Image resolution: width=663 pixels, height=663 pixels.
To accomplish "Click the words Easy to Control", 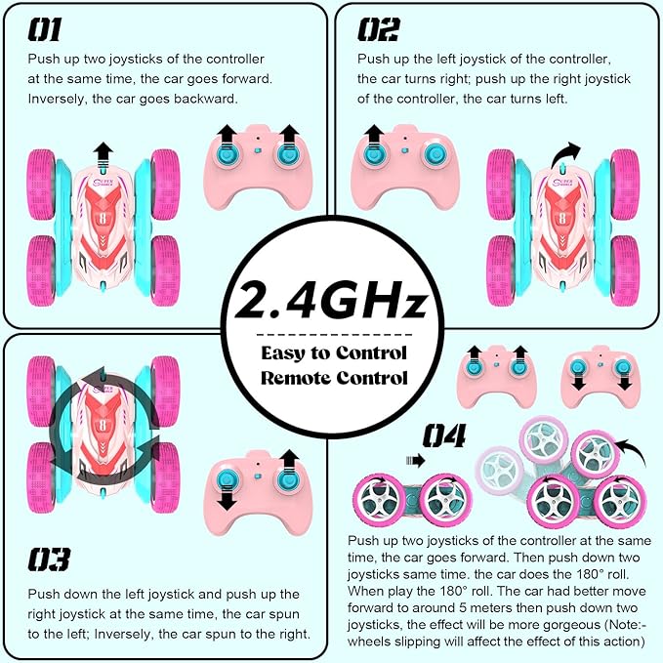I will [334, 353].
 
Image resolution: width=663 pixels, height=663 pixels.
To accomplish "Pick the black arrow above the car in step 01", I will [104, 152].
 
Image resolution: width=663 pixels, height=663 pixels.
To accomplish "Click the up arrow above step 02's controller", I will [373, 134].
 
